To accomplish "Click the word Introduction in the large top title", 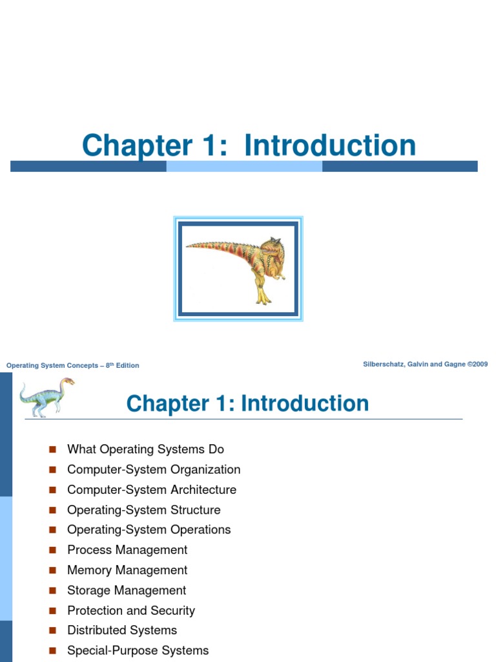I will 330,145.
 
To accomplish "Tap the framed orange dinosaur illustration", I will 238,269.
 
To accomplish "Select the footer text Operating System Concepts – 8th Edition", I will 72,365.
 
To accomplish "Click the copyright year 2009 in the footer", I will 479,365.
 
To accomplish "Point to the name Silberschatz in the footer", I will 386,365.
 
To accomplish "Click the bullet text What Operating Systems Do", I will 145,449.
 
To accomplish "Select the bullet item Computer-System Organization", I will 154,469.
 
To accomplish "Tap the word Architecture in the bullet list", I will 203,489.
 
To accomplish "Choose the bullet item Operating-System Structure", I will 143,509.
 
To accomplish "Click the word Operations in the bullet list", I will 200,529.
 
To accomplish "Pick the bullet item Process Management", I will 127,550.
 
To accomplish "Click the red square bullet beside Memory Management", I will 53,570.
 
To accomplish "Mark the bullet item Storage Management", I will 127,590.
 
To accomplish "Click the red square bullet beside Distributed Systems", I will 53,630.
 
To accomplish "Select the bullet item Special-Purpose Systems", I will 138,650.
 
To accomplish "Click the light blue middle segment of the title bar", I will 244,166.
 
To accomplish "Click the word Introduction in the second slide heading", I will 305,404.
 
